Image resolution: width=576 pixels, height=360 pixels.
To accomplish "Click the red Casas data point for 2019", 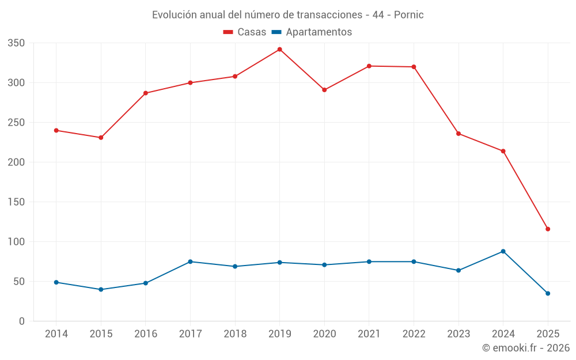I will click(x=280, y=50).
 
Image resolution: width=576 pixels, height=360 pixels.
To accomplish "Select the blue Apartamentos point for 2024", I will click(x=503, y=251).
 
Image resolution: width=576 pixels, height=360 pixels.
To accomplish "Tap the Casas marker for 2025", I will click(x=548, y=229).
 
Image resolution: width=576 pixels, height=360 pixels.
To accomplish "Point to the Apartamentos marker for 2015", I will click(x=101, y=290).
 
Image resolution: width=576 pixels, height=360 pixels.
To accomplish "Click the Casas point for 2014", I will click(x=56, y=130).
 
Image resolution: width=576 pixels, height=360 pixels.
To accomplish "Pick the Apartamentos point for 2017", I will click(x=190, y=262).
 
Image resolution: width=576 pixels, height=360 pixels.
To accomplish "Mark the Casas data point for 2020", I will click(x=324, y=90).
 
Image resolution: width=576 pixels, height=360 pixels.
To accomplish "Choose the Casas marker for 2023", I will click(x=458, y=134).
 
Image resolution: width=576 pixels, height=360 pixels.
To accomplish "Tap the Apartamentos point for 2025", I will click(x=548, y=294).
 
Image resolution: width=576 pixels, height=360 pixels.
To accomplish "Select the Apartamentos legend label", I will click(x=319, y=32).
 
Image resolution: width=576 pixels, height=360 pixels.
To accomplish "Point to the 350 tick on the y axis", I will click(x=16, y=43).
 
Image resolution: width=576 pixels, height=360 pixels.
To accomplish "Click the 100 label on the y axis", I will click(x=16, y=242).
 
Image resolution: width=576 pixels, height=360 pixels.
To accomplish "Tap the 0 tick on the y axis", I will click(x=21, y=321).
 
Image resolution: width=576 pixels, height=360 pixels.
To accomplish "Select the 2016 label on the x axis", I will click(x=146, y=334).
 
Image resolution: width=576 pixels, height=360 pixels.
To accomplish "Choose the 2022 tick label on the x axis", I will click(x=414, y=334).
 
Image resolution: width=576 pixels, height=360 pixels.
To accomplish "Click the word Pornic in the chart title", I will click(x=408, y=15).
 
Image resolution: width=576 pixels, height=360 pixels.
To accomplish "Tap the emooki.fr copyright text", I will click(x=526, y=348).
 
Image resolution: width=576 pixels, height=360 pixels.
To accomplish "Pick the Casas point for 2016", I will click(x=146, y=93).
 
